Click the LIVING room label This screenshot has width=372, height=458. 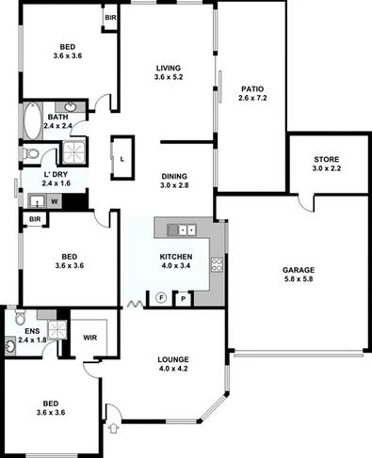pyautogui.click(x=170, y=69)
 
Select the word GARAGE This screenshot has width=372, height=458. pyautogui.click(x=298, y=270)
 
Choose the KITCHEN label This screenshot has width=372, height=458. pyautogui.click(x=176, y=257)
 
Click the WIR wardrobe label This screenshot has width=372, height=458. pyautogui.click(x=91, y=337)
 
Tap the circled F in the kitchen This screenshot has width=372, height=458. pyautogui.click(x=160, y=298)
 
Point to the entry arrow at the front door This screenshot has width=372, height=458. pyautogui.click(x=114, y=429)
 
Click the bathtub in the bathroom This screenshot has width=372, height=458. pyautogui.click(x=31, y=119)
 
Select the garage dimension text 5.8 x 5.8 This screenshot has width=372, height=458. pyautogui.click(x=298, y=280)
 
